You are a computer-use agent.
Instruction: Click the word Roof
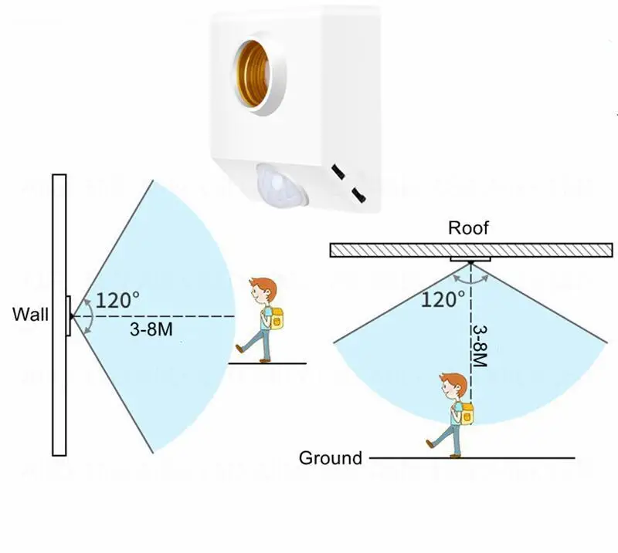pyautogui.click(x=468, y=229)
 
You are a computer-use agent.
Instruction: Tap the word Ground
pyautogui.click(x=331, y=458)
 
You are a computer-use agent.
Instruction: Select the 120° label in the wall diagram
pyautogui.click(x=118, y=301)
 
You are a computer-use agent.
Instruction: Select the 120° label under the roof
pyautogui.click(x=443, y=298)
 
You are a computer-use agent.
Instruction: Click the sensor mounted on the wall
pyautogui.click(x=68, y=315)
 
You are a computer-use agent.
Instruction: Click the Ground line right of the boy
pyautogui.click(x=525, y=458)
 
